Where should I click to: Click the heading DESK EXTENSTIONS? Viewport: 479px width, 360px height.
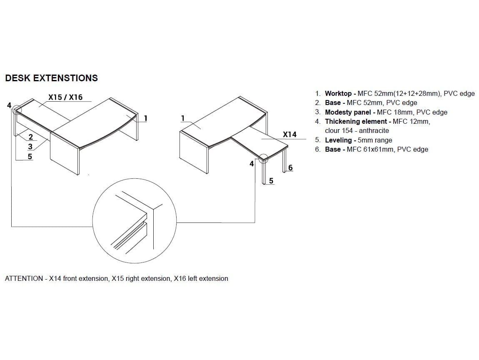51,78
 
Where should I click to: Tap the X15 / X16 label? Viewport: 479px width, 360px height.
65,97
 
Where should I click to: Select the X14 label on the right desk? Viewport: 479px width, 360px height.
289,135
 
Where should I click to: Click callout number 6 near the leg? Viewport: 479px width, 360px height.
290,167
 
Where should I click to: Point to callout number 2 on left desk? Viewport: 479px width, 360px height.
30,137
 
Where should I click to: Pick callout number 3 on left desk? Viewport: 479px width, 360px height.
30,147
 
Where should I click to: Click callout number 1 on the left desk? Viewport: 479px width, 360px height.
146,118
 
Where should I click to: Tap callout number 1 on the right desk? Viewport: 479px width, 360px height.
183,118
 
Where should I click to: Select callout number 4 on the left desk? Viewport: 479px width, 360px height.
9,105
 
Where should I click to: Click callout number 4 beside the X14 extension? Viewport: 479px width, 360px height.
252,164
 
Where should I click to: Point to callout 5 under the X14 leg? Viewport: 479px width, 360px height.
271,181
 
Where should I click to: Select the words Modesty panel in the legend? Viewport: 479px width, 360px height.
348,112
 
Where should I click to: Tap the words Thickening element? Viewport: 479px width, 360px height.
356,121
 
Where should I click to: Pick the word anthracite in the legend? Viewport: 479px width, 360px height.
374,130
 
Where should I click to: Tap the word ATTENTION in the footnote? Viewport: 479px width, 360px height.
24,278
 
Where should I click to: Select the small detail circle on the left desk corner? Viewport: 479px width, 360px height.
17,110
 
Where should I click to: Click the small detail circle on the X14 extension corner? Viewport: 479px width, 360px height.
263,159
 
